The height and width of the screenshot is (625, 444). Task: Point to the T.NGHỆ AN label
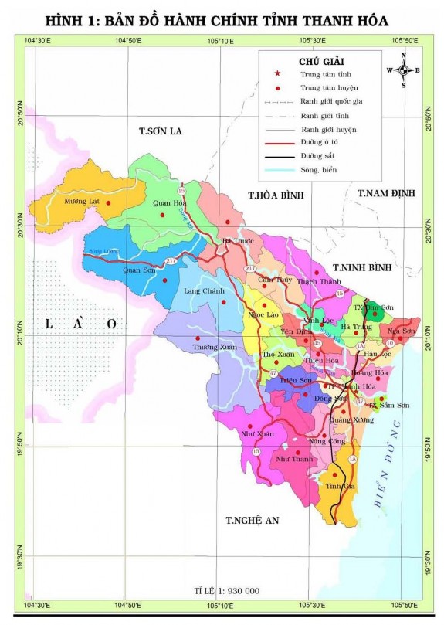click(252, 520)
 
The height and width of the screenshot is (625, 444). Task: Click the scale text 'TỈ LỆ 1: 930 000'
click(226, 590)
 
